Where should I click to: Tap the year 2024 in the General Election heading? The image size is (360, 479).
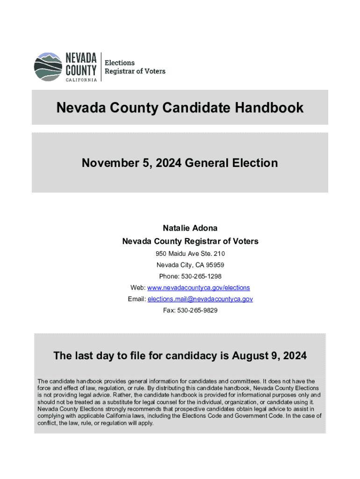(x=168, y=163)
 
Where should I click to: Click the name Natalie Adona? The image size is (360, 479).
(x=190, y=228)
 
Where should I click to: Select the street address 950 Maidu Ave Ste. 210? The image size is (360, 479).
(x=190, y=254)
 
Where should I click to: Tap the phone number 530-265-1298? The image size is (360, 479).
(x=202, y=276)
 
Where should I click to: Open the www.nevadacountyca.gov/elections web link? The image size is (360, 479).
(x=199, y=288)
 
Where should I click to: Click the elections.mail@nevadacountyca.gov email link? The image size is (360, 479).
(x=200, y=299)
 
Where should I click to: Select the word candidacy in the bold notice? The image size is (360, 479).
(x=189, y=356)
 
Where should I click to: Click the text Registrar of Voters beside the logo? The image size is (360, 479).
(x=135, y=72)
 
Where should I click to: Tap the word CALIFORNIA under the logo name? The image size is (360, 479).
(x=81, y=80)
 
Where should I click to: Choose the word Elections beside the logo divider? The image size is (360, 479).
(x=119, y=63)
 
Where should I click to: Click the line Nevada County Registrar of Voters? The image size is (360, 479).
(x=190, y=241)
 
